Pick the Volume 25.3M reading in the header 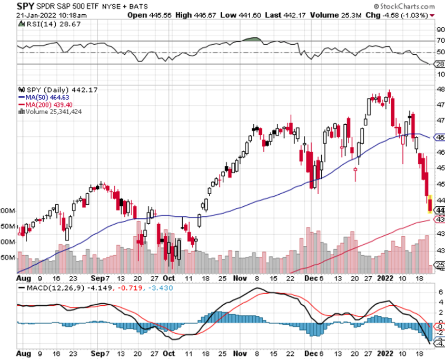pyautogui.click(x=338, y=15)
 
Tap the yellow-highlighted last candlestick pyautogui.click(x=430, y=204)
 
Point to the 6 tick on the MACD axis pyautogui.click(x=440, y=291)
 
